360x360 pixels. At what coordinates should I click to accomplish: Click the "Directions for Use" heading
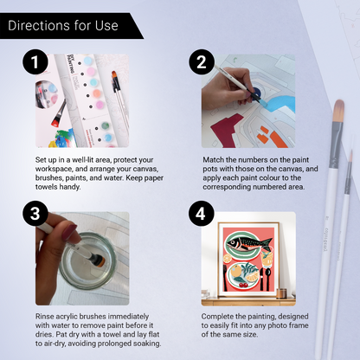click(x=62, y=25)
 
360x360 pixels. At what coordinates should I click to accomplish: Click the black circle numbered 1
click(x=35, y=63)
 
